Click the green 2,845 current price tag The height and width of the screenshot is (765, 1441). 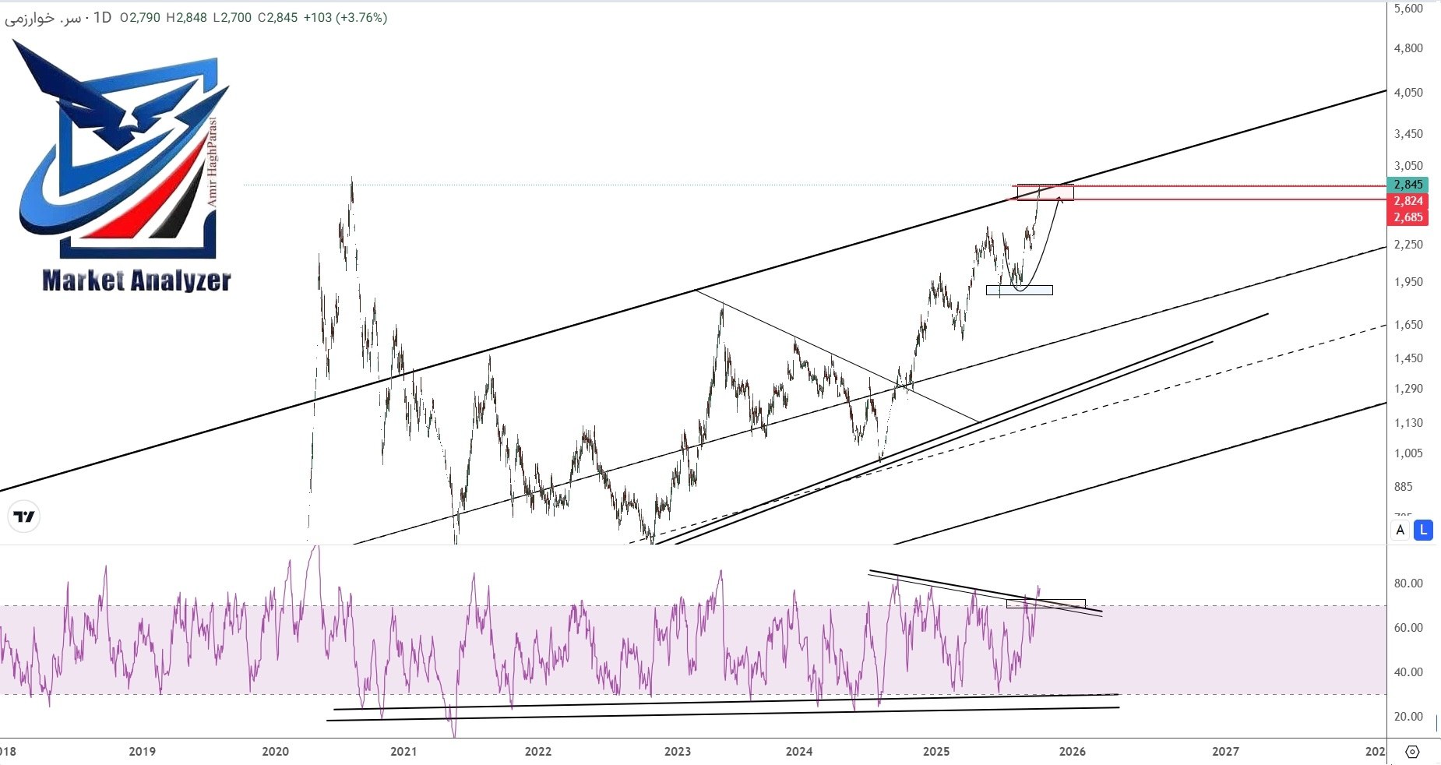1408,185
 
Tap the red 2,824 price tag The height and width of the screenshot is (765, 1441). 1408,201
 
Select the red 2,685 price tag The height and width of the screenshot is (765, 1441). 1408,217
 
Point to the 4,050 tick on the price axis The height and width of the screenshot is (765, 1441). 1408,93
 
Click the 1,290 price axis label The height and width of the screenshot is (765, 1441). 1408,389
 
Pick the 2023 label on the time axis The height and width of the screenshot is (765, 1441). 678,752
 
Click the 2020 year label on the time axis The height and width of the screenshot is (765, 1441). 275,752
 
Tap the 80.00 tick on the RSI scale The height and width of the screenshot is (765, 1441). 1408,583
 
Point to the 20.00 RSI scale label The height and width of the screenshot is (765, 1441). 1408,717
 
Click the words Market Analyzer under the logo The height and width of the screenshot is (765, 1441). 136,280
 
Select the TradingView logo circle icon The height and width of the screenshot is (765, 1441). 24,516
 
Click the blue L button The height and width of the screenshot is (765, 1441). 1423,531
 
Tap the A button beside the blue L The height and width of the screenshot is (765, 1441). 1400,531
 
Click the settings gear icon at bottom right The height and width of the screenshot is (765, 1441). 1412,752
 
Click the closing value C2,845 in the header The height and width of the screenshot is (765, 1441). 277,17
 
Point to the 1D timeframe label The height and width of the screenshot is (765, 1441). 102,17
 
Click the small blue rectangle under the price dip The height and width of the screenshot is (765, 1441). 1019,291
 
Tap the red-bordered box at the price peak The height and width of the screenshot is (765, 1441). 1045,192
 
